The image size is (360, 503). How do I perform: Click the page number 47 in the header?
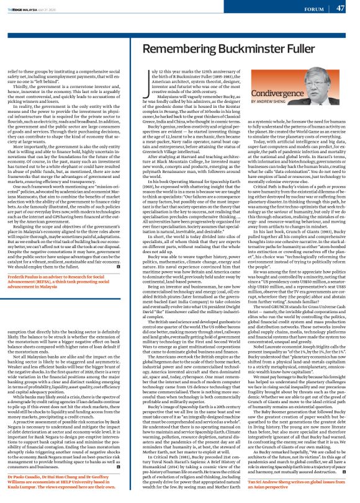click(340, 8)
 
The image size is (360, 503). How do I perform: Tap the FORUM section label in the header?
click(314, 8)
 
